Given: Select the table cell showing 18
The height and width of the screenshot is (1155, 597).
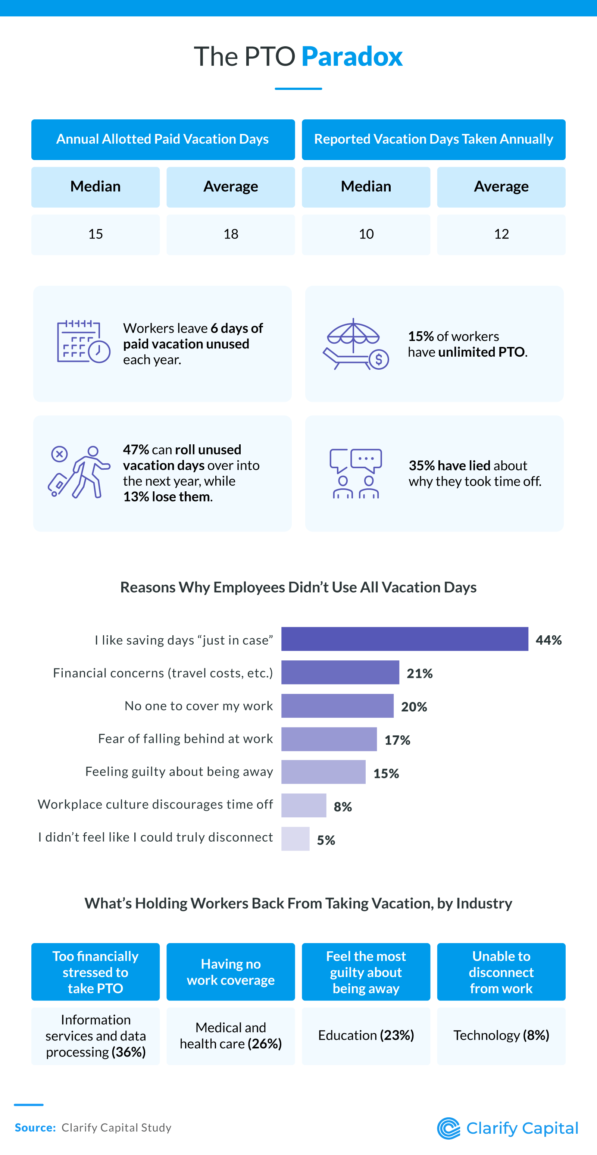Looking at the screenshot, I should click(231, 234).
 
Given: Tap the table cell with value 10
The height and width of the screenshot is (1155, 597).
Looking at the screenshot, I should click(366, 234).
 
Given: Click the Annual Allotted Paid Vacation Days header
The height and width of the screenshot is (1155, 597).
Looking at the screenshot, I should click(163, 140).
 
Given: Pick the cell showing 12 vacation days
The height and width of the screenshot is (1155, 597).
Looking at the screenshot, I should click(501, 234).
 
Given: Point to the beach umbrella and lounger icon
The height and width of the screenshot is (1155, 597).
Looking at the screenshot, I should click(355, 344).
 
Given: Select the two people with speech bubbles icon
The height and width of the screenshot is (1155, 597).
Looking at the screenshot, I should click(356, 473).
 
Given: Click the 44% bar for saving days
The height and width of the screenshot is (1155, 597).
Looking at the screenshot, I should click(404, 639).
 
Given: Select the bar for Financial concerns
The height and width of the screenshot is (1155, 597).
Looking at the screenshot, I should click(340, 672).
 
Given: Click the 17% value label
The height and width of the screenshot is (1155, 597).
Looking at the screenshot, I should click(397, 740).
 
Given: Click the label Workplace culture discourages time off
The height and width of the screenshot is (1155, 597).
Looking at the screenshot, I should click(155, 804).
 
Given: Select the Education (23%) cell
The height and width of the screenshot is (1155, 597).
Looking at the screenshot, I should click(366, 1036).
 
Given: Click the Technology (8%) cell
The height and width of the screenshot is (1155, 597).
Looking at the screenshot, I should click(501, 1036).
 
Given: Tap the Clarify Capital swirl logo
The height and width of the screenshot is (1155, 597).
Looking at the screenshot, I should click(448, 1128).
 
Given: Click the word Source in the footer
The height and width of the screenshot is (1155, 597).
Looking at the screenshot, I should click(35, 1128).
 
